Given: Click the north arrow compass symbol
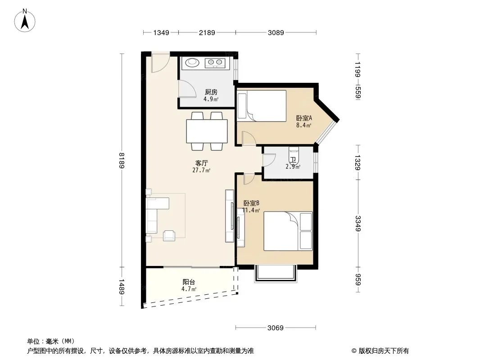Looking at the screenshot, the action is (25, 20).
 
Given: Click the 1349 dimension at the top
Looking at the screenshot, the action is (161, 32).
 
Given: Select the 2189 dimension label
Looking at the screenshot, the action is (207, 32).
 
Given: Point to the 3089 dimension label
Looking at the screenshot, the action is (276, 32).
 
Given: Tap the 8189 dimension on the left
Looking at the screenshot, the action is (122, 160).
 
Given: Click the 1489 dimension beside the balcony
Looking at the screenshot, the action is (122, 287).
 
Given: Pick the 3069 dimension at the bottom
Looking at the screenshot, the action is (276, 328).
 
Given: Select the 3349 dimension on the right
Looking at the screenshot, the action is (358, 224).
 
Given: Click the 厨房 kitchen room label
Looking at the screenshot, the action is (211, 92).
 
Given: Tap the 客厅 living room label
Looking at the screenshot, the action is (201, 163).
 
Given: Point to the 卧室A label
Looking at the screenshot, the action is (304, 118).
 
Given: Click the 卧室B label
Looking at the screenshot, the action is (251, 203).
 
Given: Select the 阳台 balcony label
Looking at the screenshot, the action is (189, 282).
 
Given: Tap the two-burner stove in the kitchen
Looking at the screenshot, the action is (215, 63).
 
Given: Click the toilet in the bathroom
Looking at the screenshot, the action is (294, 155).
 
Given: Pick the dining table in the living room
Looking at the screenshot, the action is (207, 131).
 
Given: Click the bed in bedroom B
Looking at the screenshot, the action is (288, 231).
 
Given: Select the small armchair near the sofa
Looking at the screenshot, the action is (169, 235).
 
